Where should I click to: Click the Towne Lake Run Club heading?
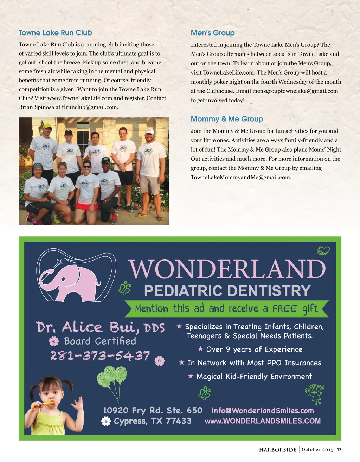tap(55, 33)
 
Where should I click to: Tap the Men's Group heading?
tap(213, 33)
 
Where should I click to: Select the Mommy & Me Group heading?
tap(227, 119)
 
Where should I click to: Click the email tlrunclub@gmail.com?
tap(90, 107)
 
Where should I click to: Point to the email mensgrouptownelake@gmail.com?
tap(295, 91)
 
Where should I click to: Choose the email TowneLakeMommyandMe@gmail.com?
tap(240, 177)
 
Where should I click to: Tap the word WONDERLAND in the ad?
tap(227, 269)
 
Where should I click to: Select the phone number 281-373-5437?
tap(100, 356)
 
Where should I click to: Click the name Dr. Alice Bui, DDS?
tap(101, 327)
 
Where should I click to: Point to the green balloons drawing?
tap(112, 380)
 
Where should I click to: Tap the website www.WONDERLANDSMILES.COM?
tap(263, 421)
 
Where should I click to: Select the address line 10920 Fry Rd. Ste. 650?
tap(153, 410)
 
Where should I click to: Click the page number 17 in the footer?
tap(339, 449)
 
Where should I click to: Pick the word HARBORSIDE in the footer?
tap(278, 450)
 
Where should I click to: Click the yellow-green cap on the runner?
tap(47, 126)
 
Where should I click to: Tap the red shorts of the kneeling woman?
tap(86, 206)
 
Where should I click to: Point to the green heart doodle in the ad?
tap(323, 251)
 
